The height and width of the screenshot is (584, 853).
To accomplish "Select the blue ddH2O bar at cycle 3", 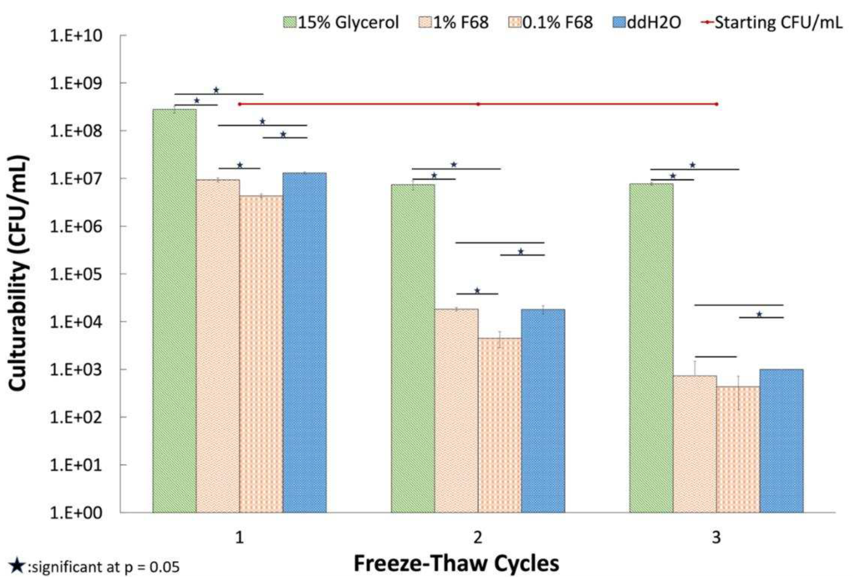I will point(781,440).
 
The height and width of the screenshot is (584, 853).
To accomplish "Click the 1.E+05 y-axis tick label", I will point(76,274).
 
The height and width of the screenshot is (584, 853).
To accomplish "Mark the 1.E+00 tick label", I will point(76,513).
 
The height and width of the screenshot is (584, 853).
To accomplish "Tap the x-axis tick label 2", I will point(478,538).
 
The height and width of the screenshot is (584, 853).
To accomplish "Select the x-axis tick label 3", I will point(716,538).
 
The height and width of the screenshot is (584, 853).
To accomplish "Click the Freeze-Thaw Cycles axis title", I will point(456,564).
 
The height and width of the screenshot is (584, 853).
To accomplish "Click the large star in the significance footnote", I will point(17,566).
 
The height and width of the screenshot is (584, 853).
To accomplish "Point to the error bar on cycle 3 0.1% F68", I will point(738,393).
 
